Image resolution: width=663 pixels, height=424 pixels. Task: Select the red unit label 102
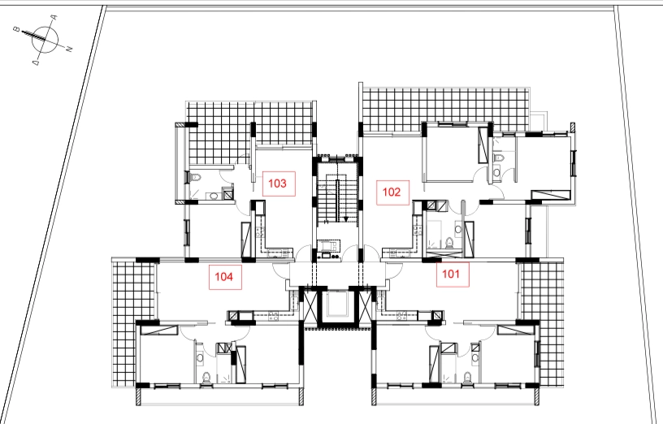point(392,193)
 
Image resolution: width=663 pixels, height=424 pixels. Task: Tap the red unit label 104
point(225,277)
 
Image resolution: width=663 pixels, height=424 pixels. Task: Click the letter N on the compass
point(69,49)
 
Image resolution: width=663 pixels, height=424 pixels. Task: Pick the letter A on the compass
point(54,18)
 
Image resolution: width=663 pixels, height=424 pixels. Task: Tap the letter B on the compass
point(16,29)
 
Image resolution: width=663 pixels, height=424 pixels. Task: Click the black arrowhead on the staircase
point(346,219)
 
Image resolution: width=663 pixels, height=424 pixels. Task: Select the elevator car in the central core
point(337,304)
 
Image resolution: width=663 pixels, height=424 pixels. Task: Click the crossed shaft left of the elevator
point(310,307)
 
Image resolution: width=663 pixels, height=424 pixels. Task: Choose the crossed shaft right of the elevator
point(365,307)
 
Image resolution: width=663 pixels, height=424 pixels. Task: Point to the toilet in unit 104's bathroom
point(206,378)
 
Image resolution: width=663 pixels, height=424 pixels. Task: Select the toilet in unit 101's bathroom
point(467,378)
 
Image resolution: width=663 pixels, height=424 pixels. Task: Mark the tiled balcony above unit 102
point(444,109)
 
